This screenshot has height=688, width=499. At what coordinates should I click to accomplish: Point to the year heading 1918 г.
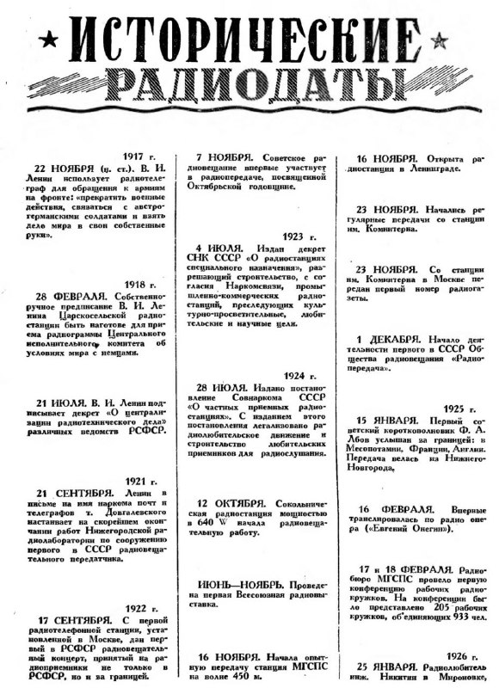coord(140,284)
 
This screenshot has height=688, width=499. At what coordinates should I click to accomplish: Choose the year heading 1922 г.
coord(140,607)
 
